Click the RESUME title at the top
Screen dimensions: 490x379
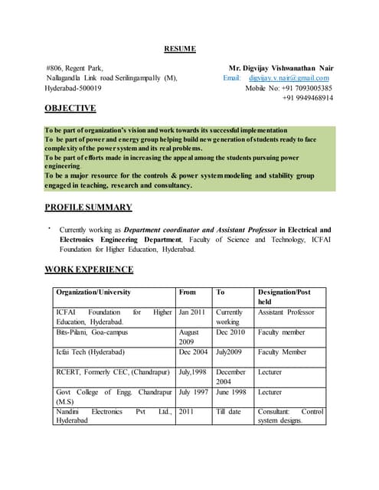click(x=180, y=49)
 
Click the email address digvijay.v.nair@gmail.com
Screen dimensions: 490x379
click(x=289, y=78)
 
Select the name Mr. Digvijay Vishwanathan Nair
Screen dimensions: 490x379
click(x=281, y=68)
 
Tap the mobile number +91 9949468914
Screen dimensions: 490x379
click(x=308, y=98)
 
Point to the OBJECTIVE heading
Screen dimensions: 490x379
click(x=70, y=109)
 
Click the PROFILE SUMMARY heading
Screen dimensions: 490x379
click(x=88, y=207)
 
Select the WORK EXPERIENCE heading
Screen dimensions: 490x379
click(x=89, y=269)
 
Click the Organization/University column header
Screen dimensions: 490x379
click(x=93, y=292)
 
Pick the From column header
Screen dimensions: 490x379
click(x=187, y=292)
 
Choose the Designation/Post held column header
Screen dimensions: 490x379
click(x=283, y=296)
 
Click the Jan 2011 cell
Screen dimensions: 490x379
click(x=192, y=312)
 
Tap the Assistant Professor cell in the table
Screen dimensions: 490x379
click(x=286, y=312)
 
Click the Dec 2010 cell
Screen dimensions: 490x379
click(x=230, y=333)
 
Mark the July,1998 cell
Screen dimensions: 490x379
click(x=192, y=372)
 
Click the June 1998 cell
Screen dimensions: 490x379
click(x=230, y=392)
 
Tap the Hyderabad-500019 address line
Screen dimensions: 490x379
click(x=78, y=88)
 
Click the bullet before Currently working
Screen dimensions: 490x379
click(x=48, y=227)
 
